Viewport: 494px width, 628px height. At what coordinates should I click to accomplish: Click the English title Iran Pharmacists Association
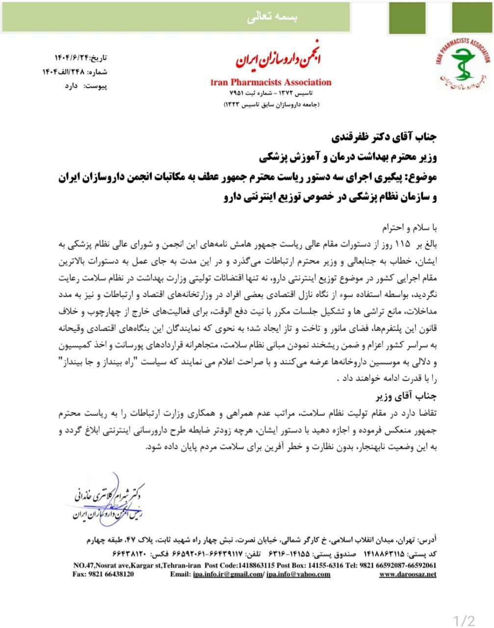pos(270,82)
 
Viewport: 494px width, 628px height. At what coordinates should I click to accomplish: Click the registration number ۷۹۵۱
pos(238,93)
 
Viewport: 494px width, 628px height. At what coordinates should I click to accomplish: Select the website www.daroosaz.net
pos(408,575)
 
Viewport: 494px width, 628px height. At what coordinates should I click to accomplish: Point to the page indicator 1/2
pos(465,621)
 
